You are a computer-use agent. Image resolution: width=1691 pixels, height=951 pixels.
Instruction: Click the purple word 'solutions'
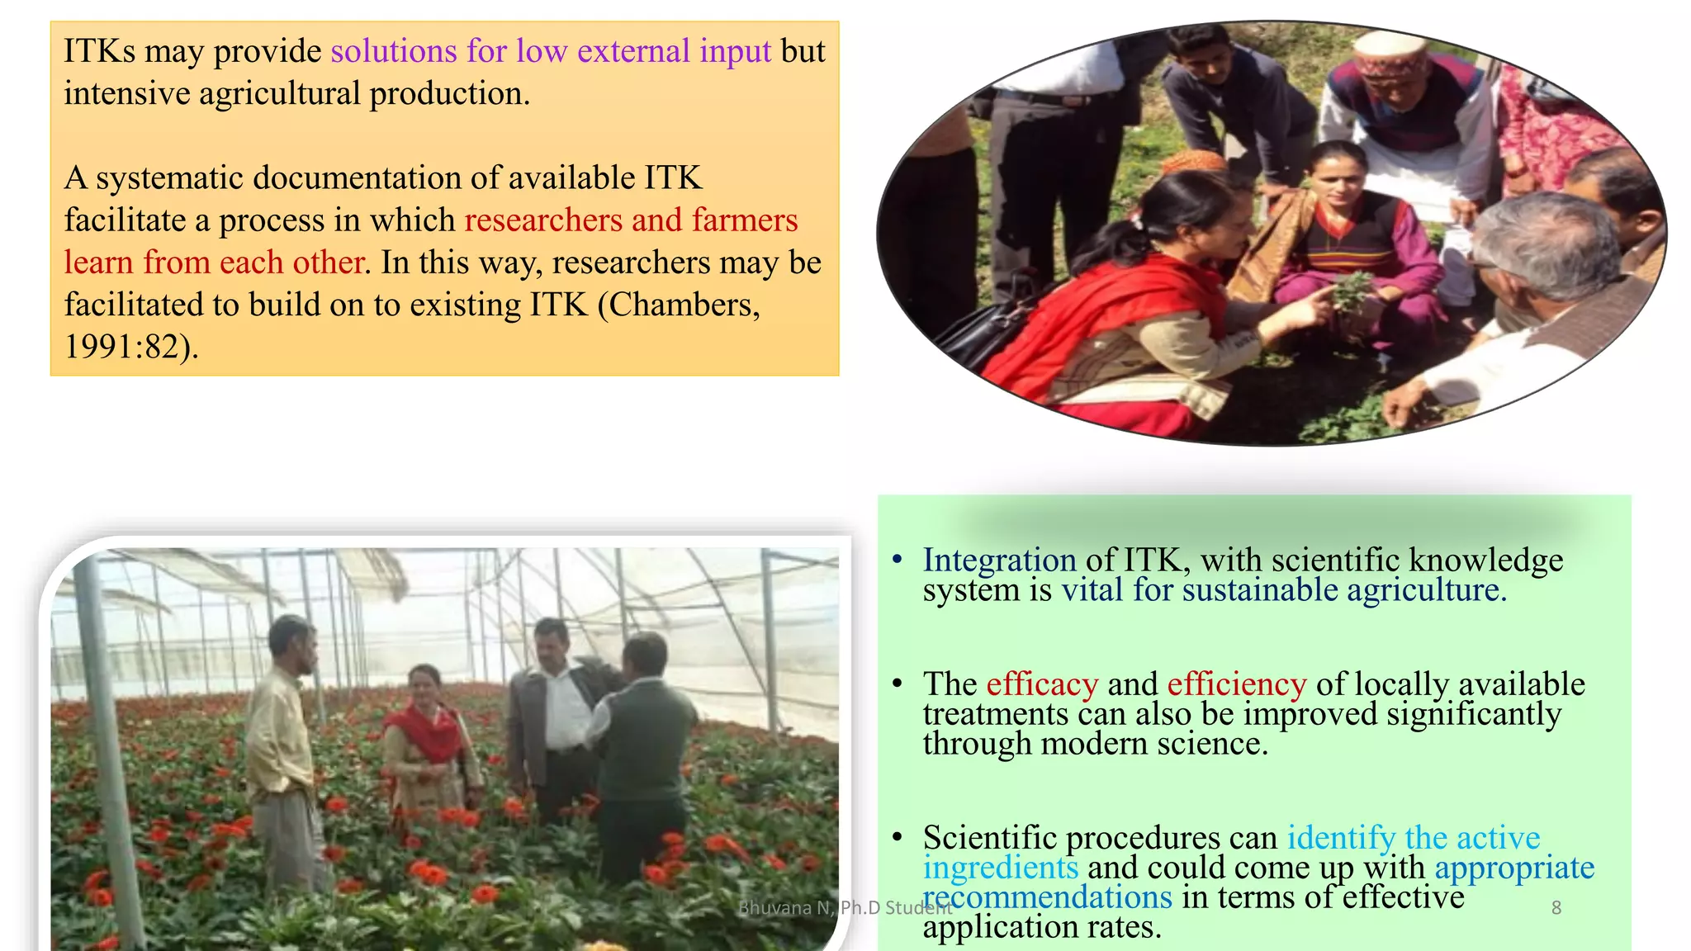point(393,51)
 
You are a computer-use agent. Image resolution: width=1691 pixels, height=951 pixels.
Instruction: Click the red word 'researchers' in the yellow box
point(543,220)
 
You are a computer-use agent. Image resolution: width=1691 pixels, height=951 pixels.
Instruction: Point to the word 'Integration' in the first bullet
point(999,560)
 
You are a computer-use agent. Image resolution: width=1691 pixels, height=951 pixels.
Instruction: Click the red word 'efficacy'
point(1042,684)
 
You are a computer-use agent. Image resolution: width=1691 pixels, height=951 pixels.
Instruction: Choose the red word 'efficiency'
point(1236,684)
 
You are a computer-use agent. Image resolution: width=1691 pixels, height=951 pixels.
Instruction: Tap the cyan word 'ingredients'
point(1000,868)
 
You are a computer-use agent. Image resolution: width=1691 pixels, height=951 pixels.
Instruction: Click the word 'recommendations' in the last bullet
point(1047,897)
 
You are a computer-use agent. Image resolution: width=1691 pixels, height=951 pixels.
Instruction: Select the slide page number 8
point(1556,908)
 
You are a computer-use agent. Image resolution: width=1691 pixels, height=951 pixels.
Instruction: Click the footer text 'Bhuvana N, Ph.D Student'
point(845,908)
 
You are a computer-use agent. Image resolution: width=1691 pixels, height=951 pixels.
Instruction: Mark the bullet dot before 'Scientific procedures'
point(898,837)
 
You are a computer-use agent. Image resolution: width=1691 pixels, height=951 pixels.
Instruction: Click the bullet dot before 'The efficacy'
point(898,684)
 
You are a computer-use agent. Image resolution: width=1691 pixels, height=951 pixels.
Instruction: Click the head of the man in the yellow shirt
point(293,642)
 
